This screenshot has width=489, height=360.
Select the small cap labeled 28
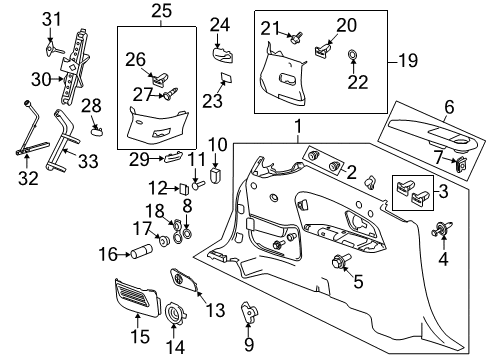[95, 127]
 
